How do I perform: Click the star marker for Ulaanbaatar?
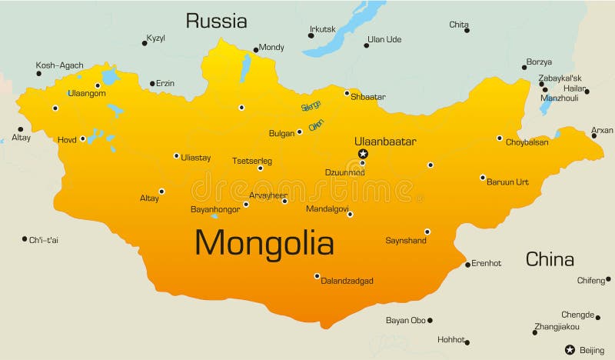pyautogui.click(x=363, y=154)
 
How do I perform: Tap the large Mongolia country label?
pyautogui.click(x=264, y=243)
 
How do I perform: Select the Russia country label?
pyautogui.click(x=216, y=21)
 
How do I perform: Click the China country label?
pyautogui.click(x=550, y=259)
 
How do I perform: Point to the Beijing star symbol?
pyautogui.click(x=570, y=349)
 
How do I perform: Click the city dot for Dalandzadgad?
pyautogui.click(x=317, y=275)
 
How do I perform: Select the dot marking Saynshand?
pyautogui.click(x=427, y=232)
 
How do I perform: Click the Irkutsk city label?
pyautogui.click(x=322, y=29)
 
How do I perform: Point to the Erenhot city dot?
pyautogui.click(x=467, y=265)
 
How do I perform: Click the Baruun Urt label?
pyautogui.click(x=508, y=182)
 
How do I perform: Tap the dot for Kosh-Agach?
pyautogui.click(x=39, y=74)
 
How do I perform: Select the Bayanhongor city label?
pyautogui.click(x=214, y=208)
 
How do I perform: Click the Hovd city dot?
pyautogui.click(x=83, y=139)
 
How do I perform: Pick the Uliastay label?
pyautogui.click(x=195, y=158)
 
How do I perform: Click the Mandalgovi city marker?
pyautogui.click(x=350, y=215)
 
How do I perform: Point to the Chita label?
pyautogui.click(x=458, y=25)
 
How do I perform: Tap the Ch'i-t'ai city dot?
pyautogui.click(x=25, y=239)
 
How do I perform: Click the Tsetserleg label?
pyautogui.click(x=251, y=161)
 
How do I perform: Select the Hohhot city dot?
pyautogui.click(x=467, y=342)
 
